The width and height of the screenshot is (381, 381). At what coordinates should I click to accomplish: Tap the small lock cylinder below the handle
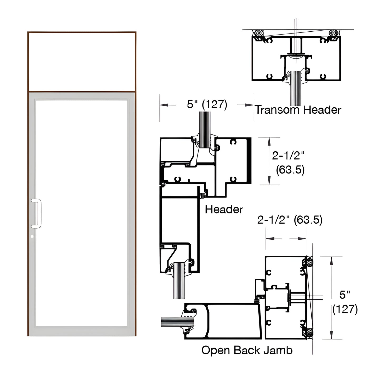(32, 237)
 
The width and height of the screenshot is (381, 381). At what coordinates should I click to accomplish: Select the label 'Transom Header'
(298, 110)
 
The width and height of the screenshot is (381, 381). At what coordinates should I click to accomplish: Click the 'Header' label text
(224, 210)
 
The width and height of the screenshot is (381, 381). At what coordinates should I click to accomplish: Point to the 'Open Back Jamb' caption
(247, 350)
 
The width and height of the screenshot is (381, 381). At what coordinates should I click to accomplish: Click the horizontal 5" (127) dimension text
(207, 105)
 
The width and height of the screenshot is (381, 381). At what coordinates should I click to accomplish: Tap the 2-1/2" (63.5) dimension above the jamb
(290, 220)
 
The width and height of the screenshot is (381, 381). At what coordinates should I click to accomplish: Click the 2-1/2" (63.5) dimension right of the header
(288, 163)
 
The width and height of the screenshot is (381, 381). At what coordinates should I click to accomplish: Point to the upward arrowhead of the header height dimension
(269, 142)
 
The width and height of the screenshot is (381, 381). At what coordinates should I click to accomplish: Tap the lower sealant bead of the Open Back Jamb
(310, 332)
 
